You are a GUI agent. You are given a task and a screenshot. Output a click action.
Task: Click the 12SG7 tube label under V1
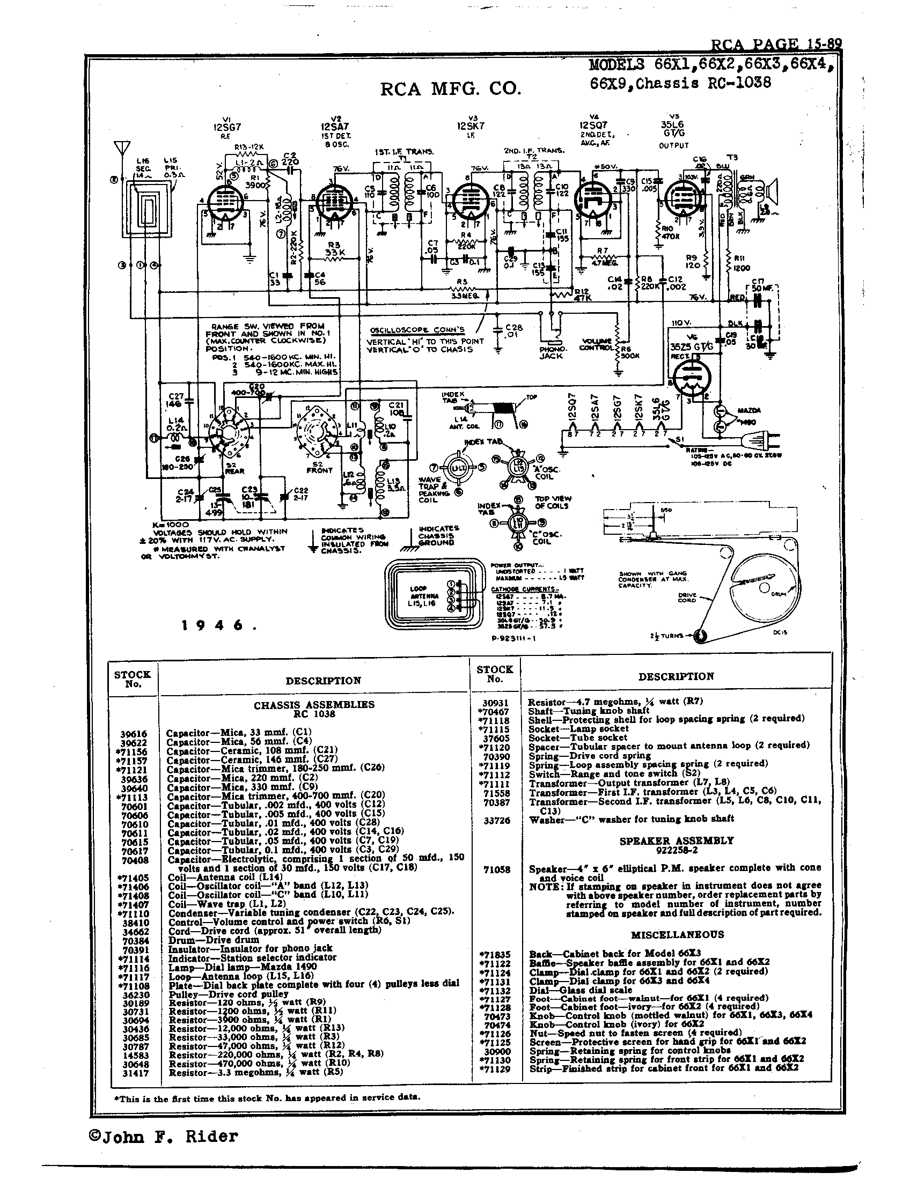[226, 128]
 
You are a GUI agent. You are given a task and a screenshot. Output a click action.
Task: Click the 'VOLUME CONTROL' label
[596, 344]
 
